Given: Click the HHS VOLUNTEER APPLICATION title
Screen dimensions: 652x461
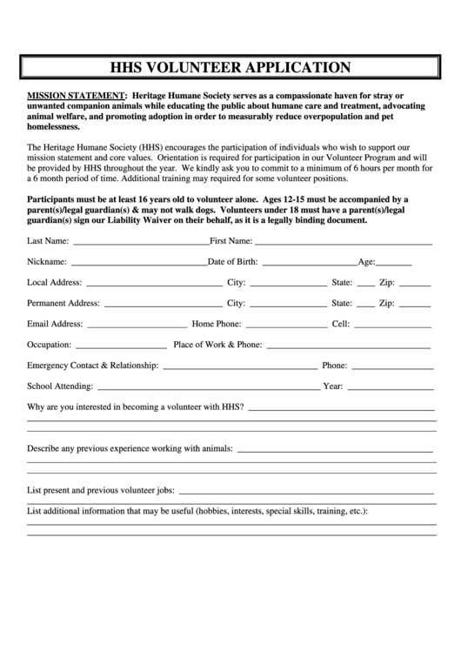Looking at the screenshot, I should tap(230, 67).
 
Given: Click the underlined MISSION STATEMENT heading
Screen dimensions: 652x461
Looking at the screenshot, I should tap(77, 95).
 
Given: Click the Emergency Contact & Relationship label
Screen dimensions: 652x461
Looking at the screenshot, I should tap(92, 366).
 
